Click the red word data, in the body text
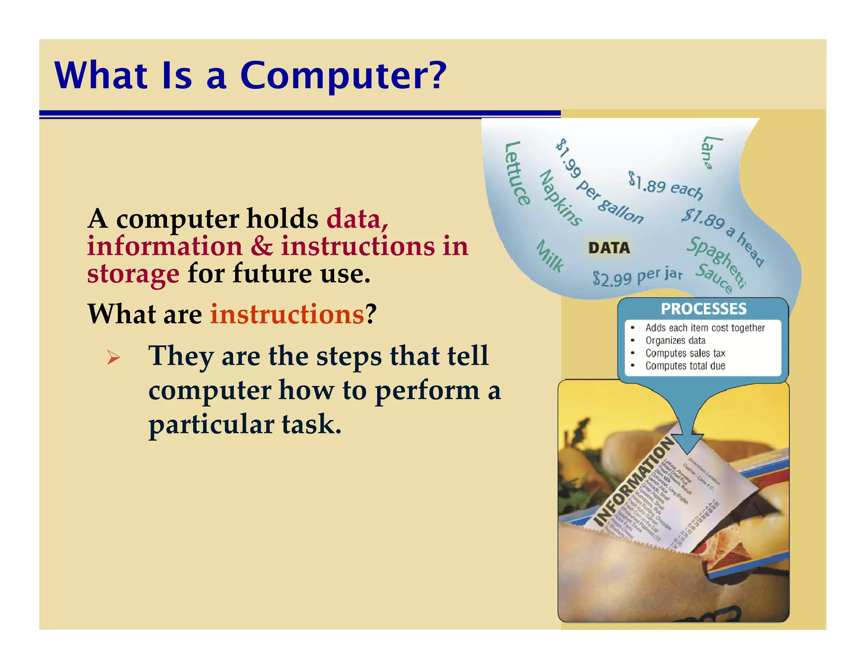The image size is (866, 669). (357, 219)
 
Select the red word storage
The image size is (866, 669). (133, 274)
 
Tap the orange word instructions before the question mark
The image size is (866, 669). (287, 314)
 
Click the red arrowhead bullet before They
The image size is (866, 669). (113, 358)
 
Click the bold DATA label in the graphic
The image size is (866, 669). (609, 248)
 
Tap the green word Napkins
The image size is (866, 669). (560, 198)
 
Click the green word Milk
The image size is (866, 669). (550, 256)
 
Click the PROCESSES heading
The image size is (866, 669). (704, 309)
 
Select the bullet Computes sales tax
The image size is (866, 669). (685, 353)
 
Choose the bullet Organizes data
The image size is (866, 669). (675, 340)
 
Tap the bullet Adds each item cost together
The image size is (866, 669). (705, 328)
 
